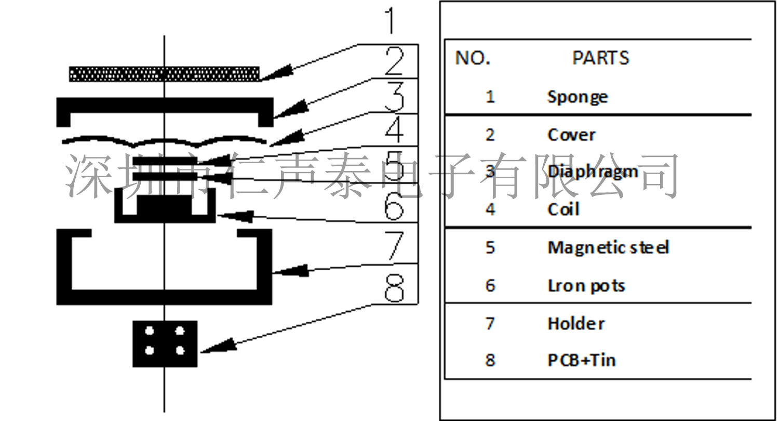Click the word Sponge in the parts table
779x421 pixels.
pyautogui.click(x=577, y=97)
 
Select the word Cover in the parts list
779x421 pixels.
pyautogui.click(x=571, y=135)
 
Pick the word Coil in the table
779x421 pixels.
pyautogui.click(x=563, y=209)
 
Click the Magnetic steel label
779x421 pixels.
pyautogui.click(x=608, y=247)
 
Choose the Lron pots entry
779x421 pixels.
pyautogui.click(x=586, y=286)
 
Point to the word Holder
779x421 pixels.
pyautogui.click(x=576, y=324)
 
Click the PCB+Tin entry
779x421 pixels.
pyautogui.click(x=582, y=360)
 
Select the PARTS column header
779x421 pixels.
pyautogui.click(x=600, y=58)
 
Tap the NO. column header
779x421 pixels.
pyautogui.click(x=473, y=58)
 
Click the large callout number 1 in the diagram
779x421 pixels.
pyautogui.click(x=391, y=21)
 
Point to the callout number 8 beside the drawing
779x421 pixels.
pyautogui.click(x=394, y=288)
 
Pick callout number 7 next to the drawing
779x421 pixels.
pyautogui.click(x=394, y=246)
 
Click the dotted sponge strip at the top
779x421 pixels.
pyautogui.click(x=164, y=74)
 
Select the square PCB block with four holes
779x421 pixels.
pyautogui.click(x=165, y=344)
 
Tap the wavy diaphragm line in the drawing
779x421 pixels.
pyautogui.click(x=164, y=141)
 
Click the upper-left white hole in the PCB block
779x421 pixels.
pyautogui.click(x=150, y=331)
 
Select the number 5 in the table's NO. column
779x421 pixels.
pyautogui.click(x=490, y=247)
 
